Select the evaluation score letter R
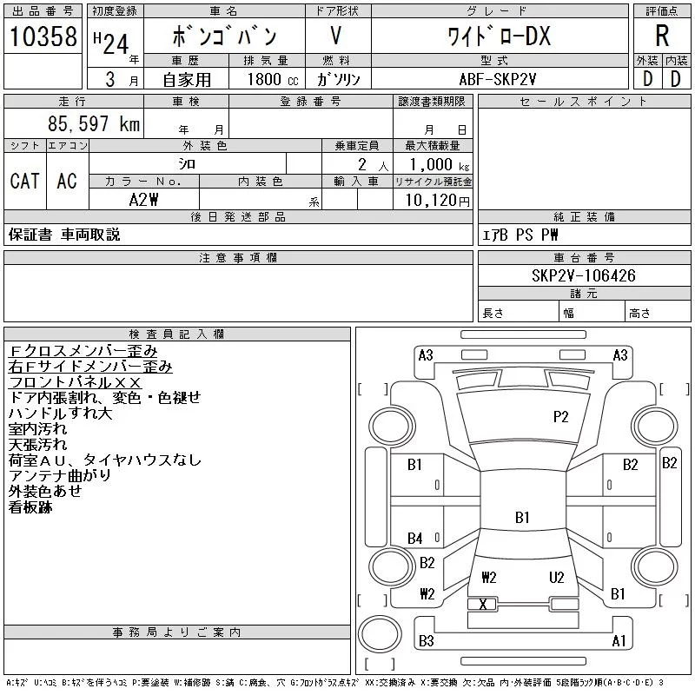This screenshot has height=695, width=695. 661,36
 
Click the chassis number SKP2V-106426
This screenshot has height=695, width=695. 584,275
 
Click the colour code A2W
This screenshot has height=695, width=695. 143,199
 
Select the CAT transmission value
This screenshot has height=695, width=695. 24,181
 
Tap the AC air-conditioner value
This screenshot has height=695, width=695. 67,181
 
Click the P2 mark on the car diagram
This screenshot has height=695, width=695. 561,417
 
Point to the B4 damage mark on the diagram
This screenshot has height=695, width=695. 415,539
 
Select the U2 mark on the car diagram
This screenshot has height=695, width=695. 557,577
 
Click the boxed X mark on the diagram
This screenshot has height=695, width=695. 483,604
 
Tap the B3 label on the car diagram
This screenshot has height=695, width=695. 426,641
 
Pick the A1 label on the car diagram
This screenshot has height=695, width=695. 619,641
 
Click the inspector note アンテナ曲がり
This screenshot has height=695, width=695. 59,476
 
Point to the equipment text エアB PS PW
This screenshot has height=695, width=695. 520,235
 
